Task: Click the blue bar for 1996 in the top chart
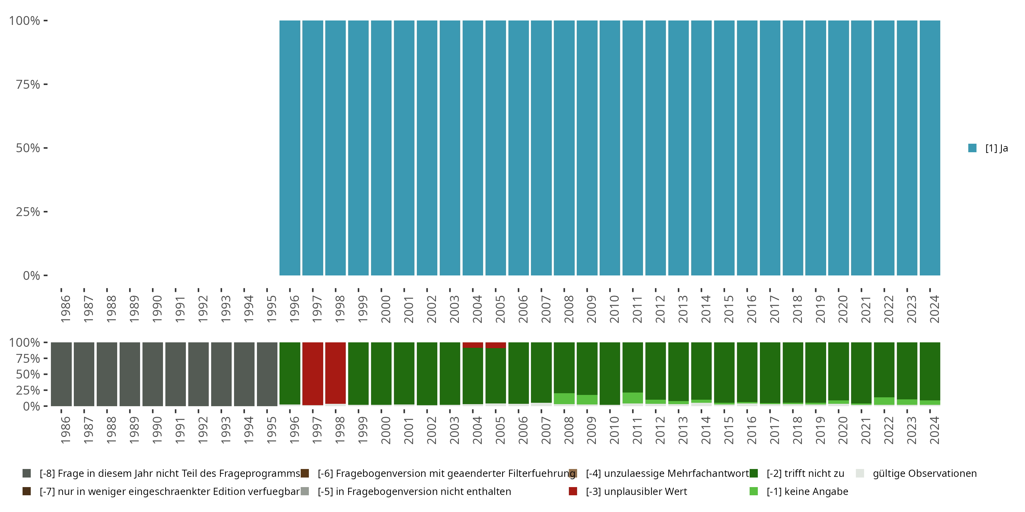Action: (x=290, y=148)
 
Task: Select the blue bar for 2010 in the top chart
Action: (x=610, y=148)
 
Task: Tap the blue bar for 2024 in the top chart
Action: (x=930, y=148)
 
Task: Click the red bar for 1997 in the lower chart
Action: (x=313, y=374)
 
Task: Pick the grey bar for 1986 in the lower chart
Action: (x=61, y=374)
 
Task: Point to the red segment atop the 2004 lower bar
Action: (x=473, y=345)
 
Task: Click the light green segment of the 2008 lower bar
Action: (x=564, y=398)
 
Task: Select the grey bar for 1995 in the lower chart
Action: (x=267, y=374)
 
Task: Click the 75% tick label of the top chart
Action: (x=28, y=84)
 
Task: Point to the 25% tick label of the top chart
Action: (x=28, y=212)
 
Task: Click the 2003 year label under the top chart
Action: (x=454, y=309)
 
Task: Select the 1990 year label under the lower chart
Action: (x=157, y=430)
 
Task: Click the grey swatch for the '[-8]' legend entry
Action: (x=27, y=473)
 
